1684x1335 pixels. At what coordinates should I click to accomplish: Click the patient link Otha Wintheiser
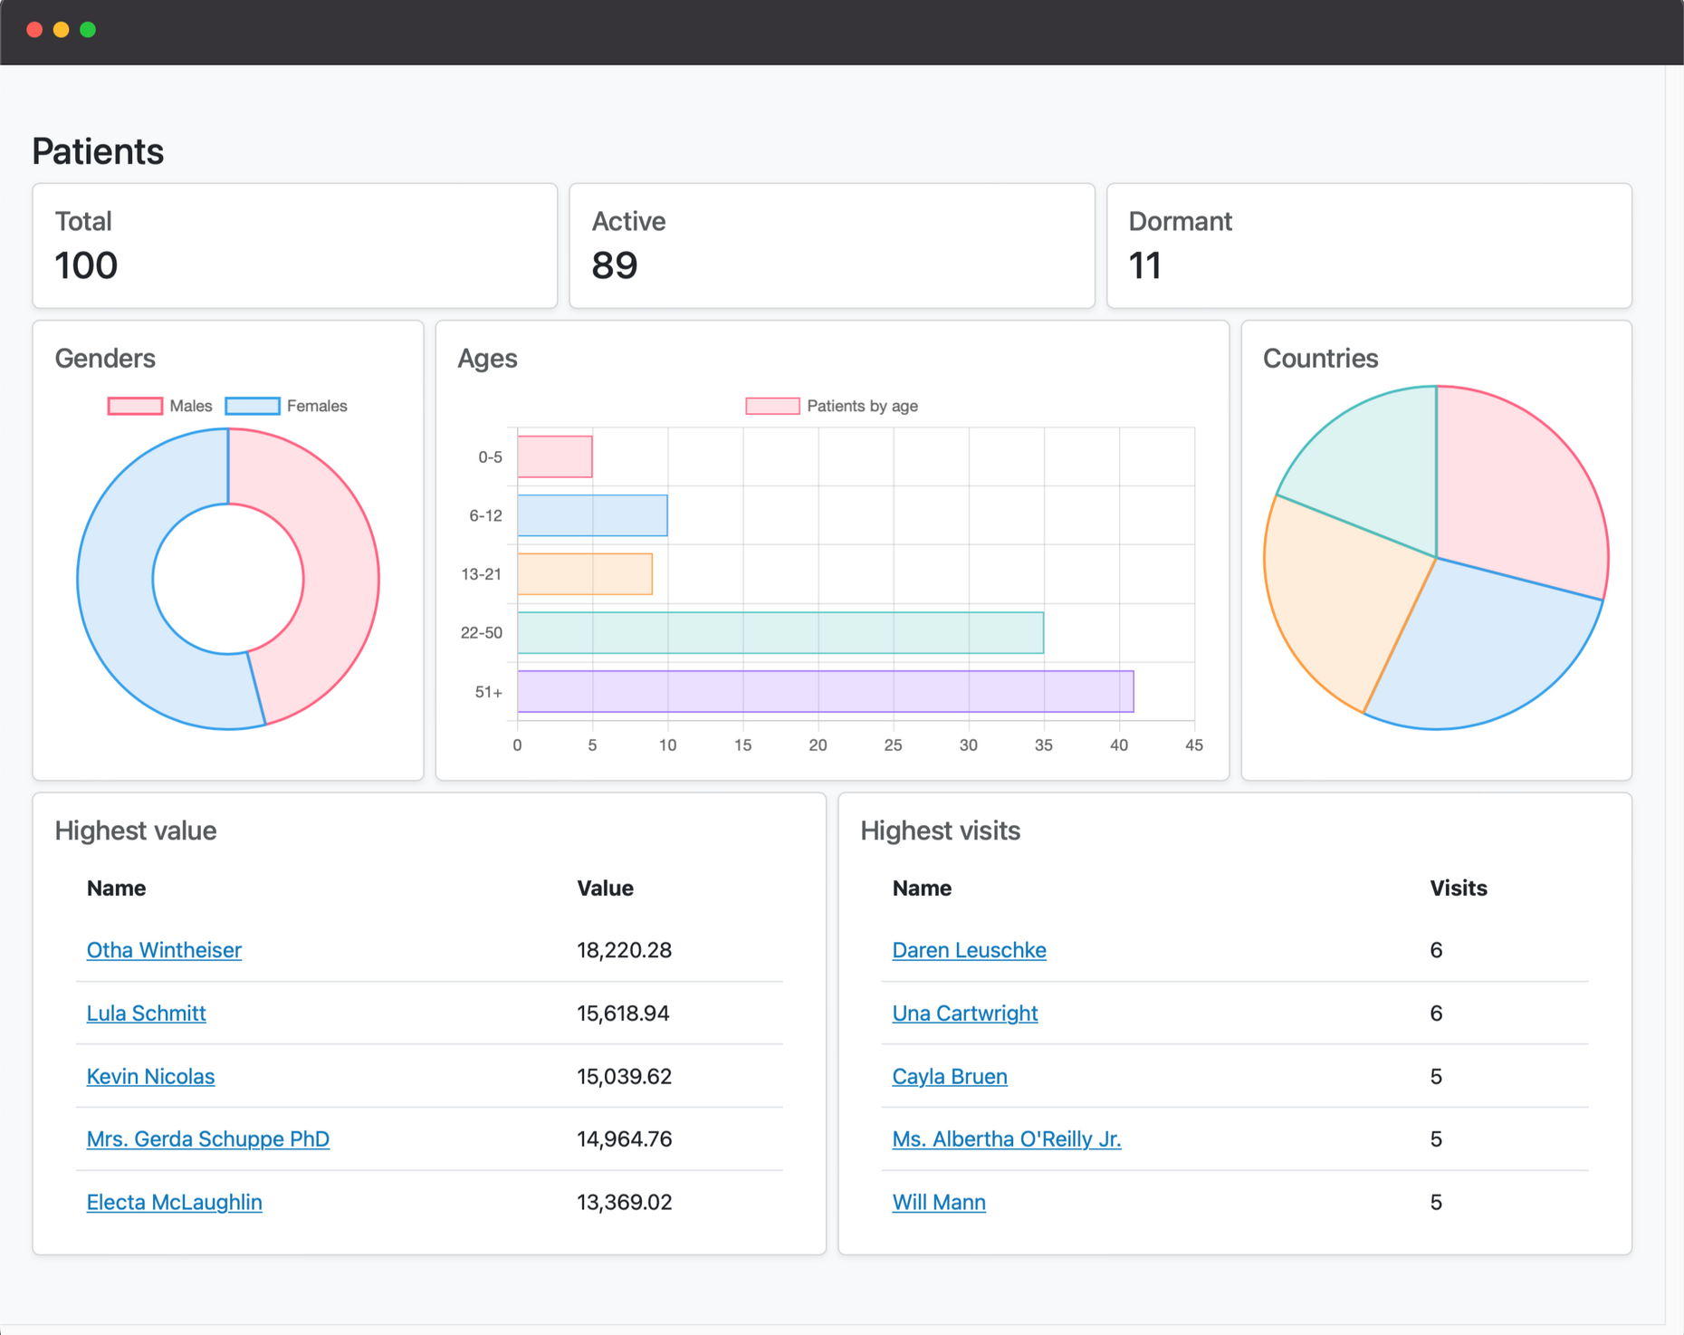click(x=164, y=950)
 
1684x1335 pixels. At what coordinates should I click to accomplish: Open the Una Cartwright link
click(x=964, y=1013)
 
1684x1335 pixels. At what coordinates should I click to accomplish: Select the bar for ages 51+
click(x=825, y=692)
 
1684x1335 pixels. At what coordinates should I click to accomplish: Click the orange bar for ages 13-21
click(x=585, y=574)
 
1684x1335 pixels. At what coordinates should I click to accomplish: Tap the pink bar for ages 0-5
click(x=555, y=456)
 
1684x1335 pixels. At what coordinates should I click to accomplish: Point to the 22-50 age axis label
click(x=481, y=633)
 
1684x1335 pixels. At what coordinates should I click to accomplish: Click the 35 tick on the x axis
click(x=1043, y=745)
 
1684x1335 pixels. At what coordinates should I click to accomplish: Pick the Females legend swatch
click(x=253, y=406)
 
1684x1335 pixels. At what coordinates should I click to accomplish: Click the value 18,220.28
click(x=624, y=950)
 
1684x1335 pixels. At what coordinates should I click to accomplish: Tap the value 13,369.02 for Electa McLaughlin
click(x=624, y=1202)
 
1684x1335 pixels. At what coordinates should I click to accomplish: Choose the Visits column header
click(x=1458, y=888)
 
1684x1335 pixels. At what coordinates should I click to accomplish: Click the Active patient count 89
click(x=615, y=265)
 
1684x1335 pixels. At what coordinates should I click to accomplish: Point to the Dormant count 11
click(x=1144, y=265)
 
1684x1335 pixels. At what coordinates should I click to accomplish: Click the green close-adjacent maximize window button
click(x=88, y=30)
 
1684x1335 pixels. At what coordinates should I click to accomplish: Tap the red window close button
click(x=34, y=30)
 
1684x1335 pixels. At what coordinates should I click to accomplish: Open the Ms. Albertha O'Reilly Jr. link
click(x=1006, y=1139)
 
